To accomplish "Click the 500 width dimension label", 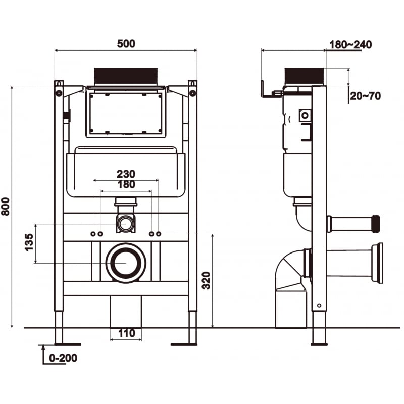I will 126,44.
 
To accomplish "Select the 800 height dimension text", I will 6,206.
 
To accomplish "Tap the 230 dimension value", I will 126,174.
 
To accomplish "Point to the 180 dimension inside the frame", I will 126,185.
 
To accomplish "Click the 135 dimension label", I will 29,243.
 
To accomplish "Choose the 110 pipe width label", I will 126,333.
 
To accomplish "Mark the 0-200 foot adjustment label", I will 63,358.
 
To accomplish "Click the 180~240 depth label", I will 350,45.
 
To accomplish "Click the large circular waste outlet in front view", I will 126,263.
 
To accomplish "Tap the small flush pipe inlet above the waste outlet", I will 126,223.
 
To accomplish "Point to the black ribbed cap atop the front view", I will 126,76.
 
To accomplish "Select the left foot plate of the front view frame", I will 60,344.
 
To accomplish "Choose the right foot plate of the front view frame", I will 184,344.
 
